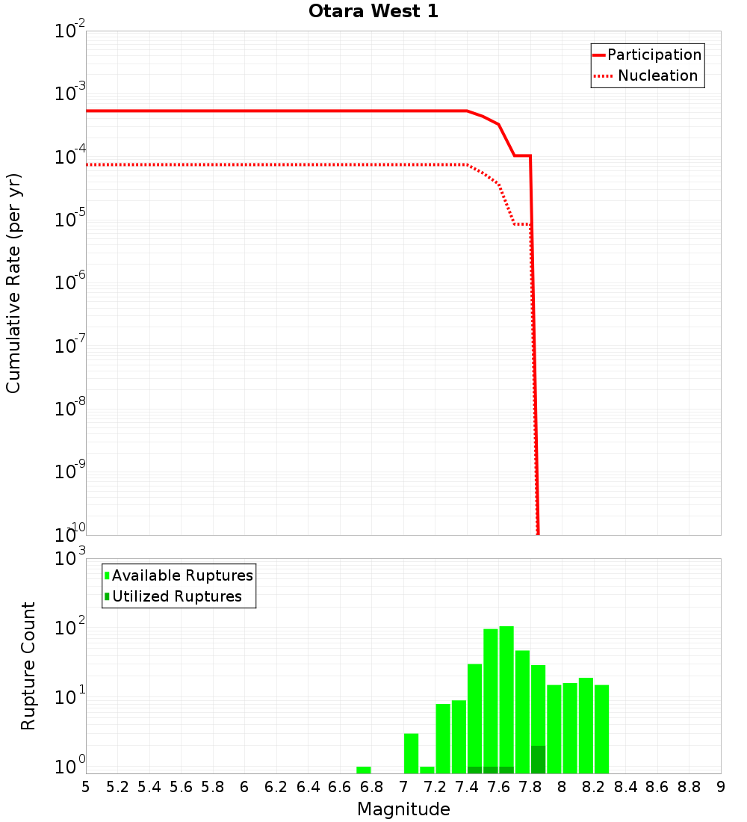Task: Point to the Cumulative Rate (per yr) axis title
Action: coord(13,283)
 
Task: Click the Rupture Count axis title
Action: coord(28,666)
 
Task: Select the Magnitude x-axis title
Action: coord(403,809)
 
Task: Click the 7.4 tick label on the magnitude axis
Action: coord(467,787)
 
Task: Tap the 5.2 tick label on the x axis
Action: coord(118,787)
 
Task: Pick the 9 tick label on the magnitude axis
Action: coord(721,787)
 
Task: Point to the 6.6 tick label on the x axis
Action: coord(340,787)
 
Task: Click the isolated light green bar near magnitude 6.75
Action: coord(364,770)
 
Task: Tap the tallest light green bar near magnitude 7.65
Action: coord(506,695)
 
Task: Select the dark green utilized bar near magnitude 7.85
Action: coord(538,759)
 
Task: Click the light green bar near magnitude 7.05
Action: coord(411,753)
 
